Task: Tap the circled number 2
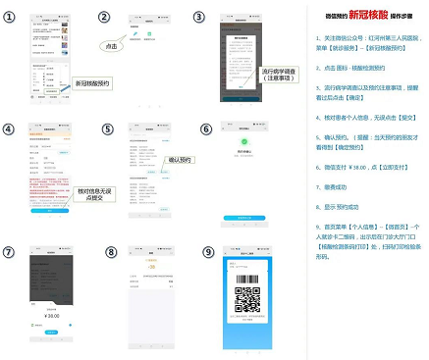coord(106,18)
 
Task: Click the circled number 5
coord(108,129)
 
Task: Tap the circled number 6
coord(206,129)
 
